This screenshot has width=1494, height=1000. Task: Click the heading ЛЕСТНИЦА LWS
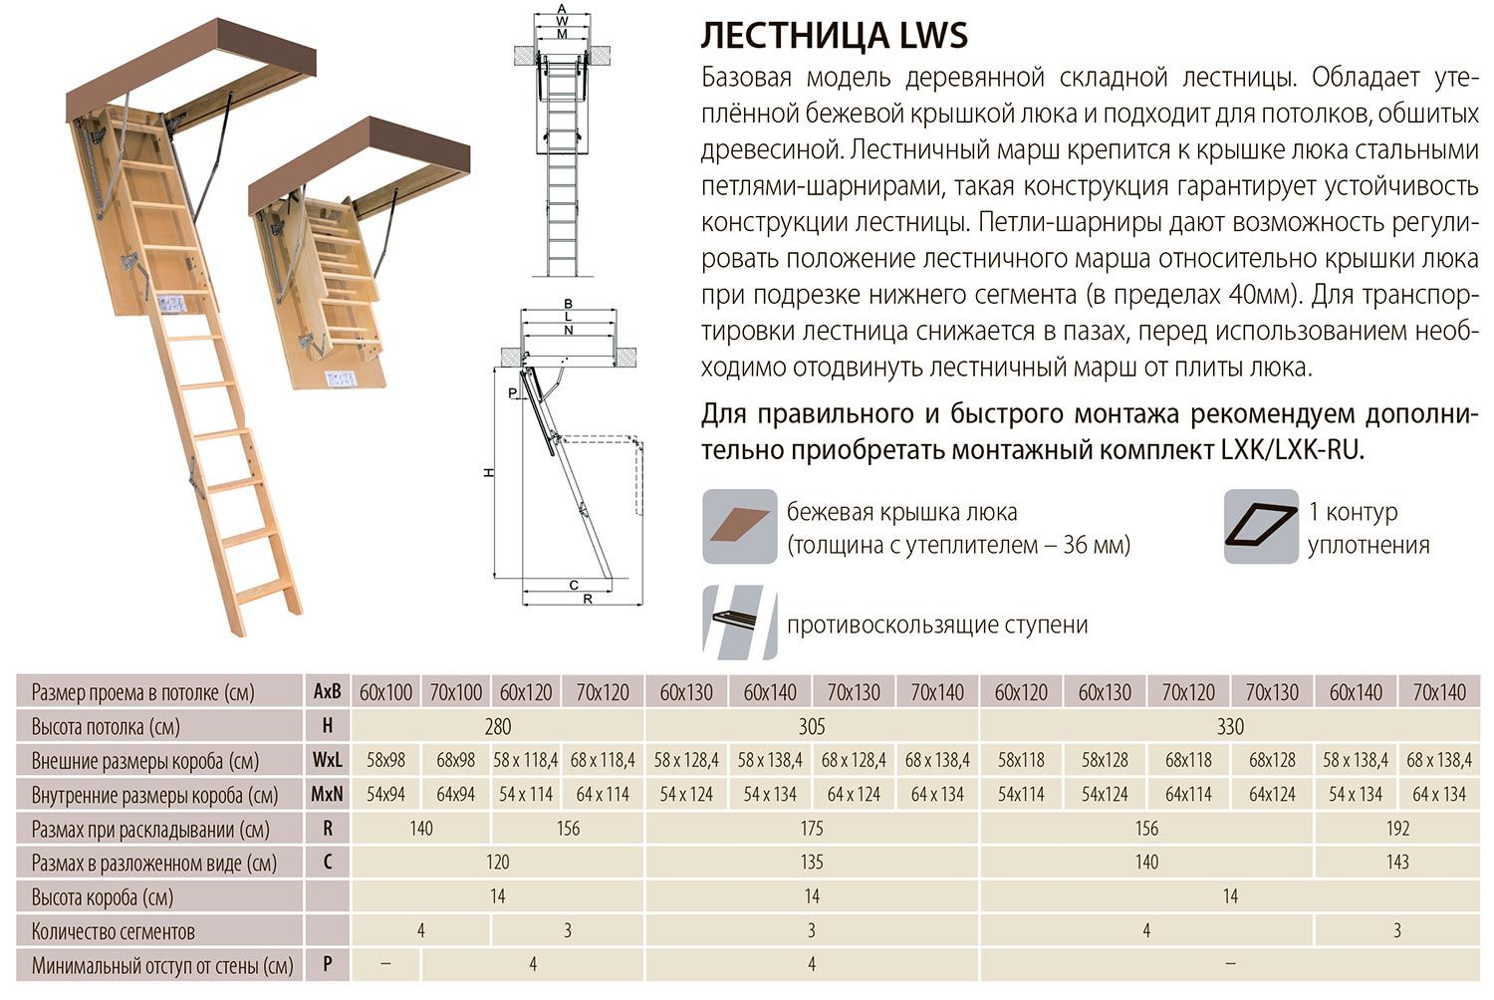pyautogui.click(x=834, y=36)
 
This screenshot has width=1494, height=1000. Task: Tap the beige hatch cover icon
pyautogui.click(x=739, y=527)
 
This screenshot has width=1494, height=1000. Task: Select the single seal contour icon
pyautogui.click(x=1260, y=527)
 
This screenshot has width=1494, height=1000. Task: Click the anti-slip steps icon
pyautogui.click(x=739, y=623)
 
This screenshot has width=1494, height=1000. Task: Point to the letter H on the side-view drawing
pyautogui.click(x=489, y=472)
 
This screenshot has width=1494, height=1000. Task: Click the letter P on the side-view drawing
pyautogui.click(x=513, y=393)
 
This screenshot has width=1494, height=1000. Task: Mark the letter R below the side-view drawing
pyautogui.click(x=588, y=600)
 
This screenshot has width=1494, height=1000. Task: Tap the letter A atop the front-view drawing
pyautogui.click(x=562, y=9)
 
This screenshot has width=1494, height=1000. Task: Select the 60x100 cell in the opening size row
pyautogui.click(x=385, y=692)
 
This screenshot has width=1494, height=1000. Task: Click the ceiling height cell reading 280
pyautogui.click(x=497, y=726)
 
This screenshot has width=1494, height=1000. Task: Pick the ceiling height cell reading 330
pyautogui.click(x=1230, y=726)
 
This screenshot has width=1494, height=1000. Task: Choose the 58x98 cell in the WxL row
pyautogui.click(x=385, y=761)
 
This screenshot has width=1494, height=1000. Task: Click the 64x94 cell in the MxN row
pyautogui.click(x=455, y=795)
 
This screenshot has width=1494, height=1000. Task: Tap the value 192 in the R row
pyautogui.click(x=1397, y=829)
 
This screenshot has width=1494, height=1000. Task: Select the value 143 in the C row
pyautogui.click(x=1397, y=863)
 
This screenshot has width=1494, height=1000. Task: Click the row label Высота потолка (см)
pyautogui.click(x=106, y=726)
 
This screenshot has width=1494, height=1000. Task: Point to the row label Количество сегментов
pyautogui.click(x=113, y=931)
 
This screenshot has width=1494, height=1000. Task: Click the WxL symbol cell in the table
pyautogui.click(x=328, y=761)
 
